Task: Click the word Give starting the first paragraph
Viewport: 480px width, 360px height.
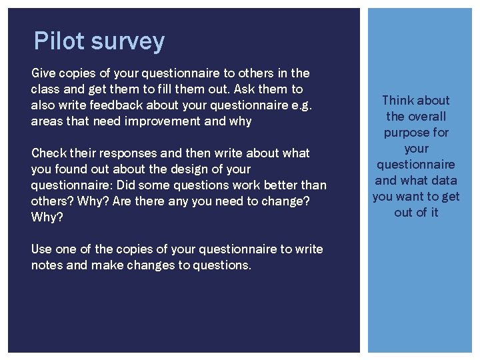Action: pos(44,72)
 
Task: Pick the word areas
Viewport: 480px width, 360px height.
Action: pos(46,121)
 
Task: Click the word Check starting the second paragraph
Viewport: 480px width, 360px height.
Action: pos(48,153)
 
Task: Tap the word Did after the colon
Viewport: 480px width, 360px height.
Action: pos(127,185)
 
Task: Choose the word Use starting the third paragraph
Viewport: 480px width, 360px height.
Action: pos(41,249)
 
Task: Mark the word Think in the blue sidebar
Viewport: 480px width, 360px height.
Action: pos(398,100)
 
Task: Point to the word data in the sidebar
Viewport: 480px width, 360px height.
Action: pos(444,180)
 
